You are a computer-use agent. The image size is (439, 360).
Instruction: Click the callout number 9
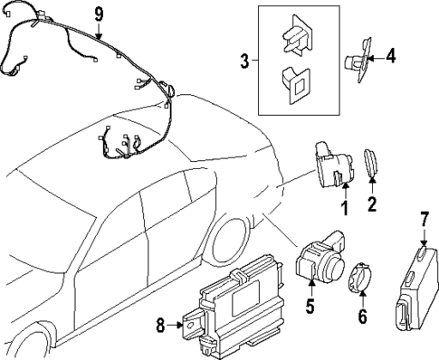click(100, 14)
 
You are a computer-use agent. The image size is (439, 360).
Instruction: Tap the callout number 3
click(243, 62)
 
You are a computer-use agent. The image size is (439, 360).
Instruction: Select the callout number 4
click(390, 56)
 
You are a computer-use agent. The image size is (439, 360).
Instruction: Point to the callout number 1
click(343, 208)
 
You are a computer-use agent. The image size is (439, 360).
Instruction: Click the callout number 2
click(371, 204)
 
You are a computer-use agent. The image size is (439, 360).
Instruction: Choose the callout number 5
click(309, 307)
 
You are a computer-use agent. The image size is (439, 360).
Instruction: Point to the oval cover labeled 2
click(372, 166)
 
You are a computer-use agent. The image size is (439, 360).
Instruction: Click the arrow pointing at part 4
click(375, 56)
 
